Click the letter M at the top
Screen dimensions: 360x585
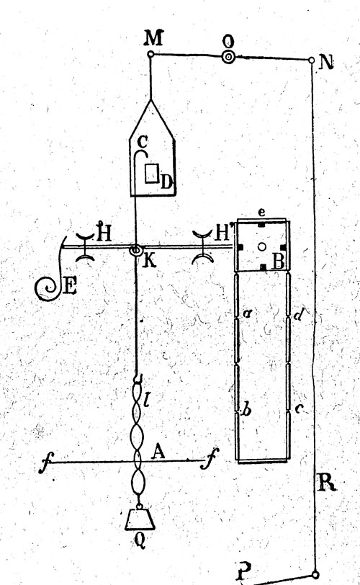[x=154, y=37]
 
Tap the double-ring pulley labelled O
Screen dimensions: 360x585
[x=228, y=57]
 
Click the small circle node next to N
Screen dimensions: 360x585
[x=312, y=60]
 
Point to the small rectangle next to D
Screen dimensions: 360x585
[x=151, y=174]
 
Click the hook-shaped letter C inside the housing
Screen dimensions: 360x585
[x=143, y=142]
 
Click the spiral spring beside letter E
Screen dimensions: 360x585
[x=48, y=287]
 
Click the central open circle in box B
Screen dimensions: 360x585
[x=261, y=246]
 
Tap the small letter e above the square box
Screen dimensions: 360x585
[x=261, y=213]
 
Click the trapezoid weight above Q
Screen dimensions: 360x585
[x=140, y=519]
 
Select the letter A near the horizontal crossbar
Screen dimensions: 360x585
[x=158, y=452]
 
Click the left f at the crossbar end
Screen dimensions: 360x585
[x=46, y=463]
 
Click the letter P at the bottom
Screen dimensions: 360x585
[x=243, y=570]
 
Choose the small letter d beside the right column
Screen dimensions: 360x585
[x=297, y=316]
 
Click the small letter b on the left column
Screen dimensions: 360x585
[x=246, y=410]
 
